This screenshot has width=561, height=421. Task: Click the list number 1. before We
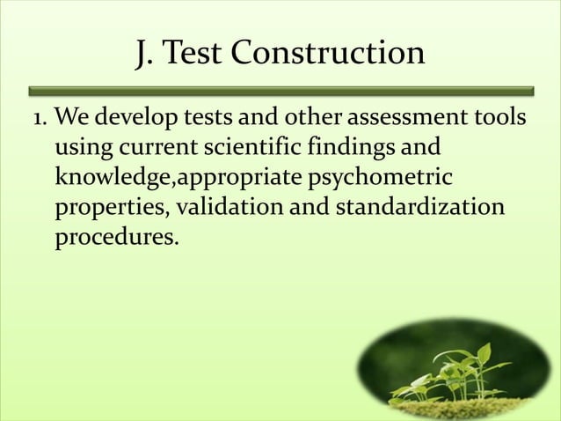click(38, 118)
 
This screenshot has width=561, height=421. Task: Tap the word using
click(80, 148)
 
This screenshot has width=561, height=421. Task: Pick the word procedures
click(116, 238)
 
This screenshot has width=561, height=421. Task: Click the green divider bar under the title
click(280, 90)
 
